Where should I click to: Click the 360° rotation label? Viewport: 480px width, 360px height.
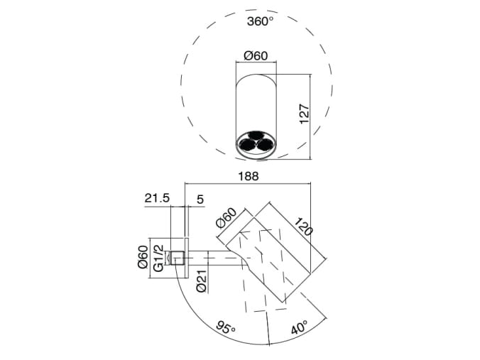coord(260,21)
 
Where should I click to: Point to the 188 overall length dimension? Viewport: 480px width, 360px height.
coord(248,175)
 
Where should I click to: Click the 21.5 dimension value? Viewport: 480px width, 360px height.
coord(157,200)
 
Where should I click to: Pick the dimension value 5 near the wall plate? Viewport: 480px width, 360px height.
coord(200,200)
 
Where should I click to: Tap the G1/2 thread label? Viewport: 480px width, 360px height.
coord(159,258)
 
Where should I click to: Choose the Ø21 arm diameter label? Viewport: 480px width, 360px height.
coord(202,283)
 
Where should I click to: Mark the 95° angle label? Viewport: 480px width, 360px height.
coord(227,328)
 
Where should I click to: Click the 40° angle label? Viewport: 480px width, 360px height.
coord(298,328)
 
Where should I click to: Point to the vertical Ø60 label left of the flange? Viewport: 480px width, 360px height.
coord(142,258)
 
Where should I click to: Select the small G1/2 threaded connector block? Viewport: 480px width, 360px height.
coord(180,257)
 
